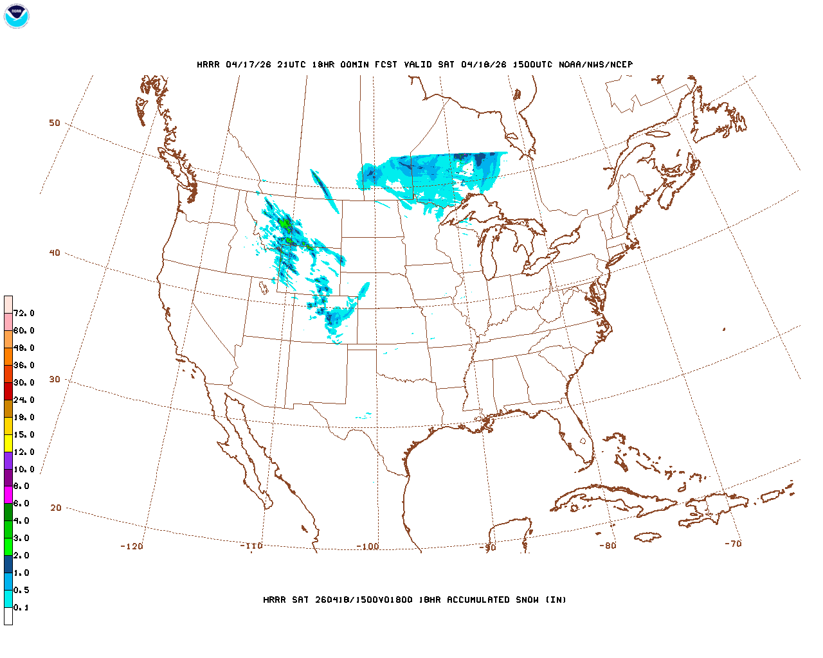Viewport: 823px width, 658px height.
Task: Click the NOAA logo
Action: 16,16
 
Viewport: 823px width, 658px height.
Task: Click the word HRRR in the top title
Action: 208,64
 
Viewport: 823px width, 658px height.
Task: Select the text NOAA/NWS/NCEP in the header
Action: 596,64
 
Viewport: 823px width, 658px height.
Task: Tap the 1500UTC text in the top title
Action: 532,64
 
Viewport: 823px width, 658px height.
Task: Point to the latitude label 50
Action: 55,123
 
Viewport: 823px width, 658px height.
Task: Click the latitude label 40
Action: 55,253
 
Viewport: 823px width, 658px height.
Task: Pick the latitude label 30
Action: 55,379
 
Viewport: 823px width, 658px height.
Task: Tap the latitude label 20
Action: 56,508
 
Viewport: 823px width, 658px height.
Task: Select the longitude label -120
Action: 131,546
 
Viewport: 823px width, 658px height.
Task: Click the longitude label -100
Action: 368,546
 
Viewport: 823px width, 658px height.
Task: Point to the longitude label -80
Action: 608,546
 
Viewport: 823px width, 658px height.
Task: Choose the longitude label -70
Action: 733,543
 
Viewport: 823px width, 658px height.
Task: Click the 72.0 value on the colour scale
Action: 24,314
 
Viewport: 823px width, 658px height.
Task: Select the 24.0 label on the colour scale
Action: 24,400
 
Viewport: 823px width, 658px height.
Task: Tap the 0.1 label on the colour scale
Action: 21,607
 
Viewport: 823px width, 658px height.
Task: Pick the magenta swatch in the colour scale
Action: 8,495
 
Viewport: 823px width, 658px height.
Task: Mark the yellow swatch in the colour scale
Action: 8,443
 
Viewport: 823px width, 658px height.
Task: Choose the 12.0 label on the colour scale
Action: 24,452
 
